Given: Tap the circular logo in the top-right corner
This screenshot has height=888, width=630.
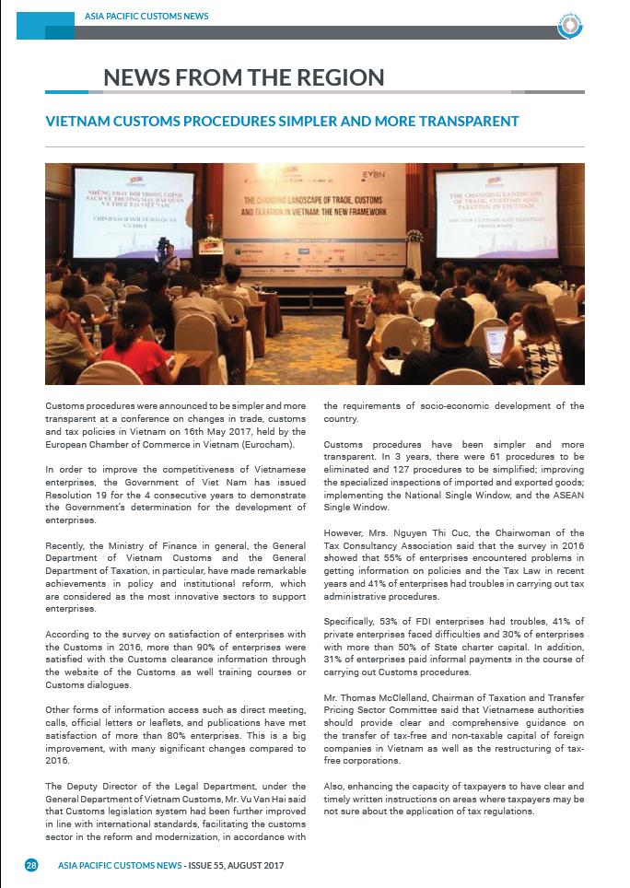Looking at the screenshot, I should [570, 26].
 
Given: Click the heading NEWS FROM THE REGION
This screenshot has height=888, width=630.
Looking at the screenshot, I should [243, 77].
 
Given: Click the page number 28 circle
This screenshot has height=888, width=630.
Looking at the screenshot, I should [31, 865].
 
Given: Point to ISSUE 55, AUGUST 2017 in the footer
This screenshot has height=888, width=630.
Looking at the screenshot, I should [235, 865].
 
